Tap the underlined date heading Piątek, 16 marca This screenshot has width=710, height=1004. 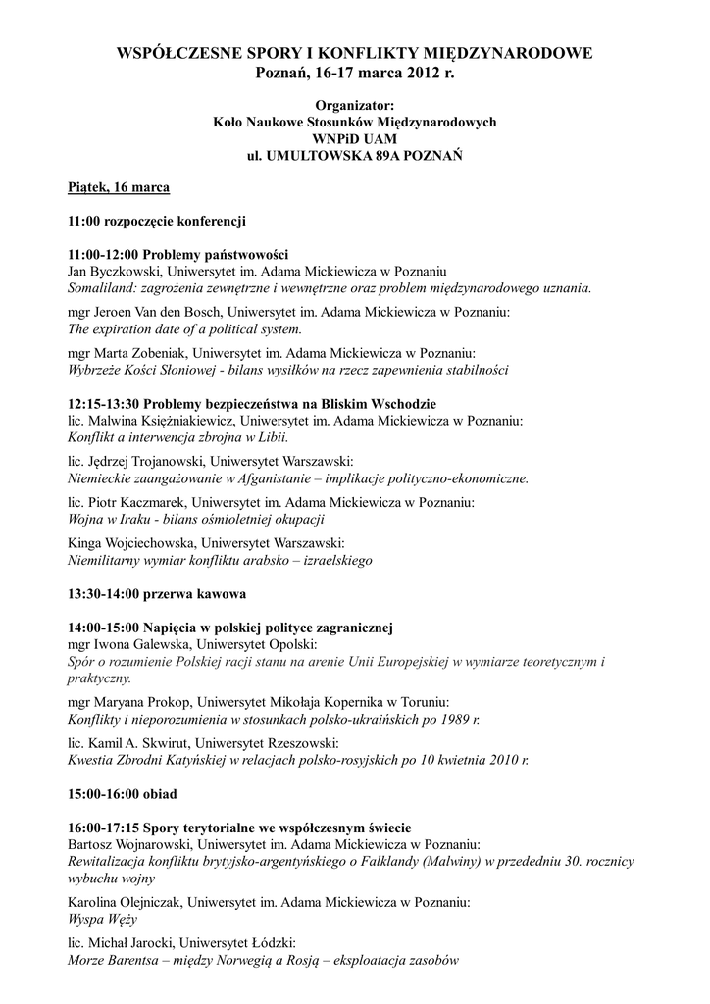[119, 187]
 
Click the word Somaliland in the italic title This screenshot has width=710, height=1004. [103, 288]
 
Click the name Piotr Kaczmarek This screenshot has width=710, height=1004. [139, 502]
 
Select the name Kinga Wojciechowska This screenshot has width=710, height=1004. [127, 543]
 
